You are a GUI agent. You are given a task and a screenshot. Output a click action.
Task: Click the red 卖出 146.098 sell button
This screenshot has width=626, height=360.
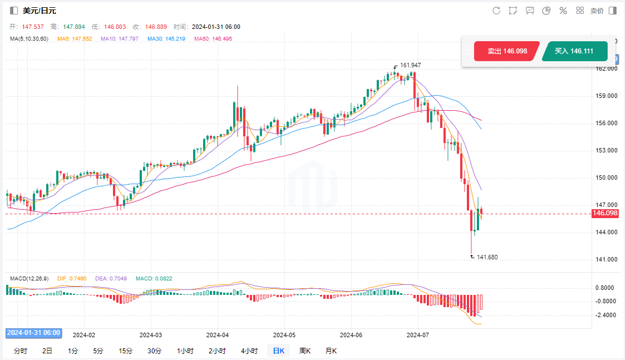[506, 51]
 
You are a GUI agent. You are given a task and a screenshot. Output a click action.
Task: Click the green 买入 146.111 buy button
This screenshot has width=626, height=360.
[574, 51]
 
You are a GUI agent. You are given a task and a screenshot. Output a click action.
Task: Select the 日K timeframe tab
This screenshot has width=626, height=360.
[278, 351]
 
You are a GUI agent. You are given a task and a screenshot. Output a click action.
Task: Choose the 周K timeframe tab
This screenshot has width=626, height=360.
[304, 351]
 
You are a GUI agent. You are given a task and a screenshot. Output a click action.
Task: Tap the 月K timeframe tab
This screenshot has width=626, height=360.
[331, 351]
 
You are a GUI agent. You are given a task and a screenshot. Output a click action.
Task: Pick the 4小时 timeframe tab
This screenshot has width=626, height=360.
[249, 351]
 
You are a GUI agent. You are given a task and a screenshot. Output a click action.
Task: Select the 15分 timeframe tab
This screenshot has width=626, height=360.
[125, 351]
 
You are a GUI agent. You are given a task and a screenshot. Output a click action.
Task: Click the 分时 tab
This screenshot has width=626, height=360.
[20, 351]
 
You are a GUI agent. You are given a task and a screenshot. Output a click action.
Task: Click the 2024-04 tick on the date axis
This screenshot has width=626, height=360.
[218, 335]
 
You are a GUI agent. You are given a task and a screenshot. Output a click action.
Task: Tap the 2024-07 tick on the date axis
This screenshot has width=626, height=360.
[418, 335]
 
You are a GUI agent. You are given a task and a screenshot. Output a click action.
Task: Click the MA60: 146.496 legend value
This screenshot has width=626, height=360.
[213, 38]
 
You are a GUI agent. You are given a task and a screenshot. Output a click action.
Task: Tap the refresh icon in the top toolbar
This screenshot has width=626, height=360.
[496, 11]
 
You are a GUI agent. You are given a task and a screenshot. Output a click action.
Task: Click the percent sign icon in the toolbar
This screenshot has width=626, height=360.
[563, 11]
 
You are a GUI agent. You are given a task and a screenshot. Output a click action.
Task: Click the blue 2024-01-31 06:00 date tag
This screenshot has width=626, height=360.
[34, 333]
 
